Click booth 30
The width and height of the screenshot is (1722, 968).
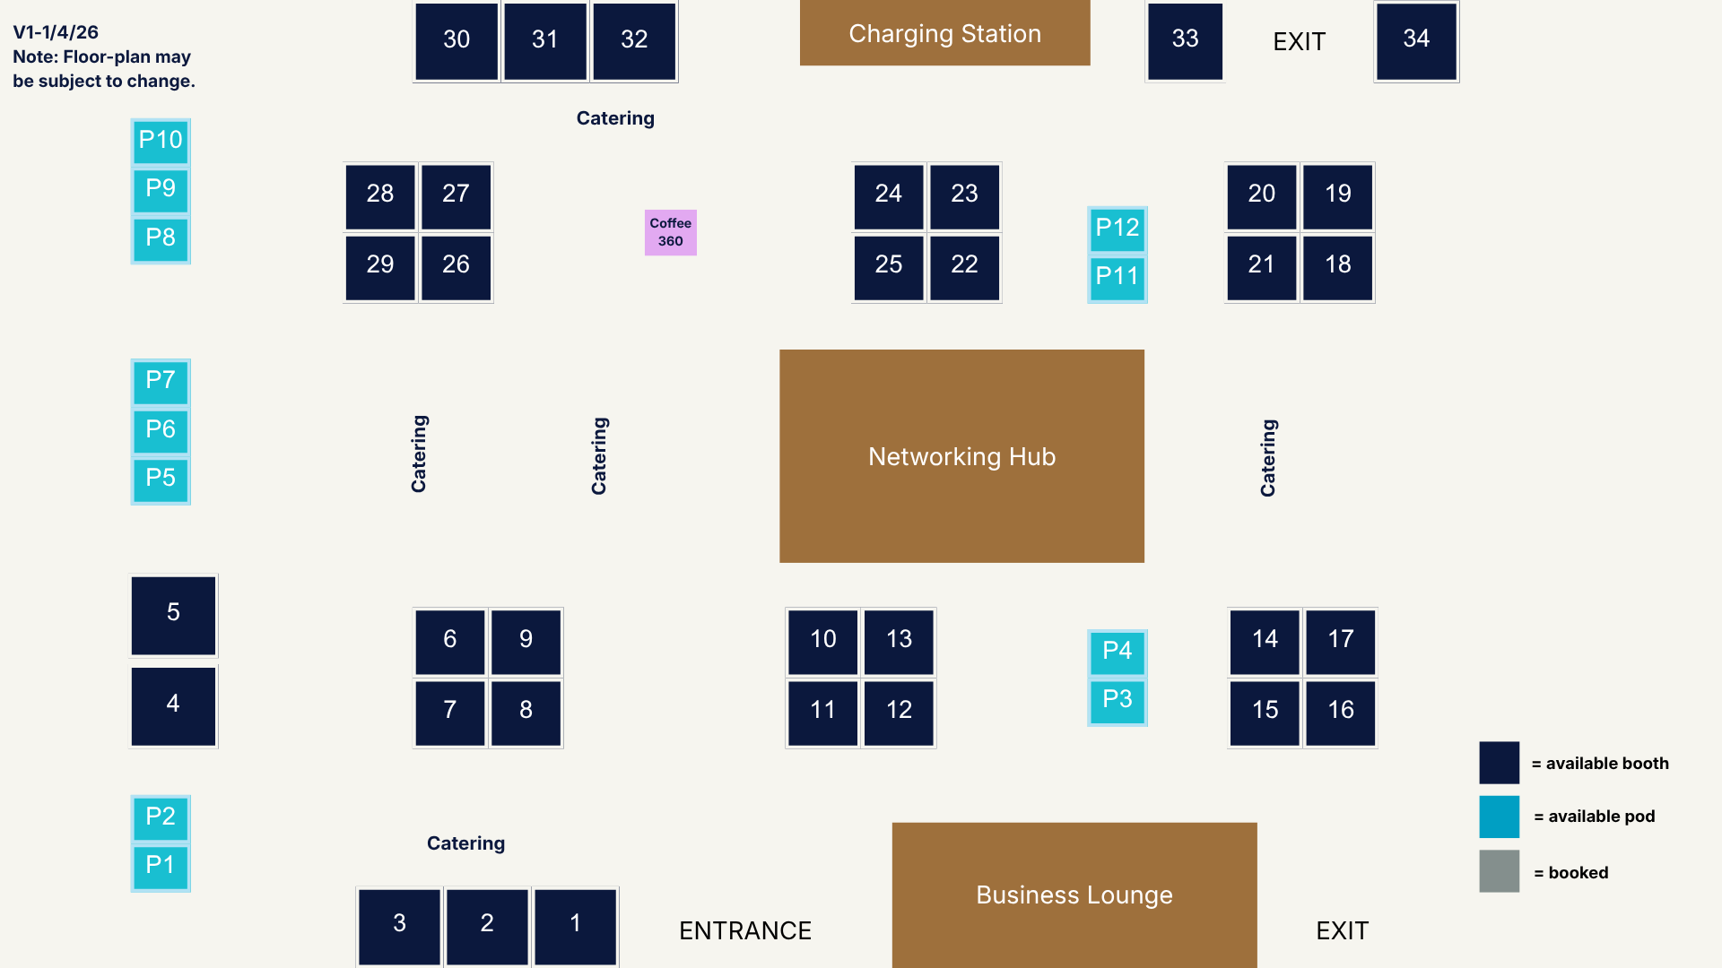(x=457, y=40)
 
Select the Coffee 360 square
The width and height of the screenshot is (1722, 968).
(x=671, y=232)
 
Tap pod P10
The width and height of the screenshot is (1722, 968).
(x=161, y=141)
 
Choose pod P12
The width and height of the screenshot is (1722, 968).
(x=1117, y=229)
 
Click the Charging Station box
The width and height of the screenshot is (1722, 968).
(x=944, y=33)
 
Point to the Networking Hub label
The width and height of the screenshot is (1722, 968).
(x=961, y=457)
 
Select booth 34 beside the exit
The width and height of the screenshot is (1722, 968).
(x=1416, y=40)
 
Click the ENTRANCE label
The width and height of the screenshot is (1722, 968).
(x=744, y=930)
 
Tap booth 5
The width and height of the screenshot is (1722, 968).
(x=173, y=614)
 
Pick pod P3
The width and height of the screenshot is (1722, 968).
(x=1117, y=700)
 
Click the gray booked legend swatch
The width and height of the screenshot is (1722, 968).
(x=1499, y=870)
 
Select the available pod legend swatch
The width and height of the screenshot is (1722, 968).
(x=1499, y=816)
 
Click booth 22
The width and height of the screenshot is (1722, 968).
(x=964, y=266)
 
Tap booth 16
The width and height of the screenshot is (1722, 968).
(x=1340, y=712)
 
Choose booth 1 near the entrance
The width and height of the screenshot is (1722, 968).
(x=575, y=925)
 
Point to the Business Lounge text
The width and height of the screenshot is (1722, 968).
(x=1074, y=895)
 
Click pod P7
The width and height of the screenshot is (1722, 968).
(x=161, y=381)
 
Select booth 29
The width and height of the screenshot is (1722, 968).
(x=380, y=266)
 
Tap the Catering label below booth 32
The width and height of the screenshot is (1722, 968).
(x=615, y=118)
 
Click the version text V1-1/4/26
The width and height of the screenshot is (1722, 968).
(x=56, y=32)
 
